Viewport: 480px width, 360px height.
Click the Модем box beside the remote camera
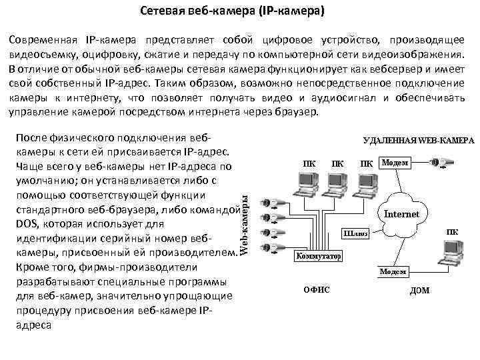pyautogui.click(x=395, y=163)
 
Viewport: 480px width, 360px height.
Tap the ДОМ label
pyautogui.click(x=420, y=290)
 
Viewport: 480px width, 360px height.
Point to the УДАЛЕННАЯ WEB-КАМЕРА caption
pyautogui.click(x=418, y=141)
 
